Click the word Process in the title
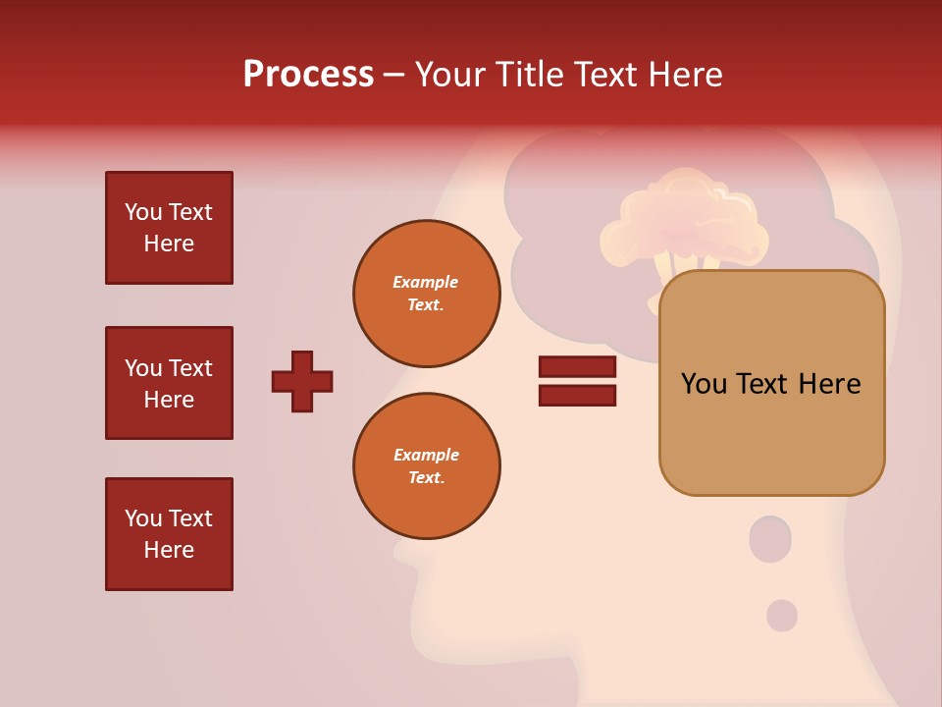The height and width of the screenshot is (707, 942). coord(308,75)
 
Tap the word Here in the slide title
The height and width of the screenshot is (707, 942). coord(683,75)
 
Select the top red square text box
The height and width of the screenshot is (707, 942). coord(169,228)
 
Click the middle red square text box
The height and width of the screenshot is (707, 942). coord(169,383)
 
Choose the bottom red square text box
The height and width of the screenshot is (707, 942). coord(169,534)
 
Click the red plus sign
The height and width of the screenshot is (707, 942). coord(302,381)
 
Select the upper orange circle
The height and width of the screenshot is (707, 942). coord(426,294)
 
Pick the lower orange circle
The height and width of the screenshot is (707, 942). coord(426,466)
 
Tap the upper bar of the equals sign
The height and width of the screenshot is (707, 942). coord(577,366)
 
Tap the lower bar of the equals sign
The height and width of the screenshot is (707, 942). coord(577,396)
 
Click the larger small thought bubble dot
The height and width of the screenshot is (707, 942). coord(770,539)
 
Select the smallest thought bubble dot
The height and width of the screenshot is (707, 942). coord(782,616)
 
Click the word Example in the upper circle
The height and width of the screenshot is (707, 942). coord(426,282)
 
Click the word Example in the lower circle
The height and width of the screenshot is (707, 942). coord(426,455)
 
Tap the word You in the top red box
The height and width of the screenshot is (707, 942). coord(143,212)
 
